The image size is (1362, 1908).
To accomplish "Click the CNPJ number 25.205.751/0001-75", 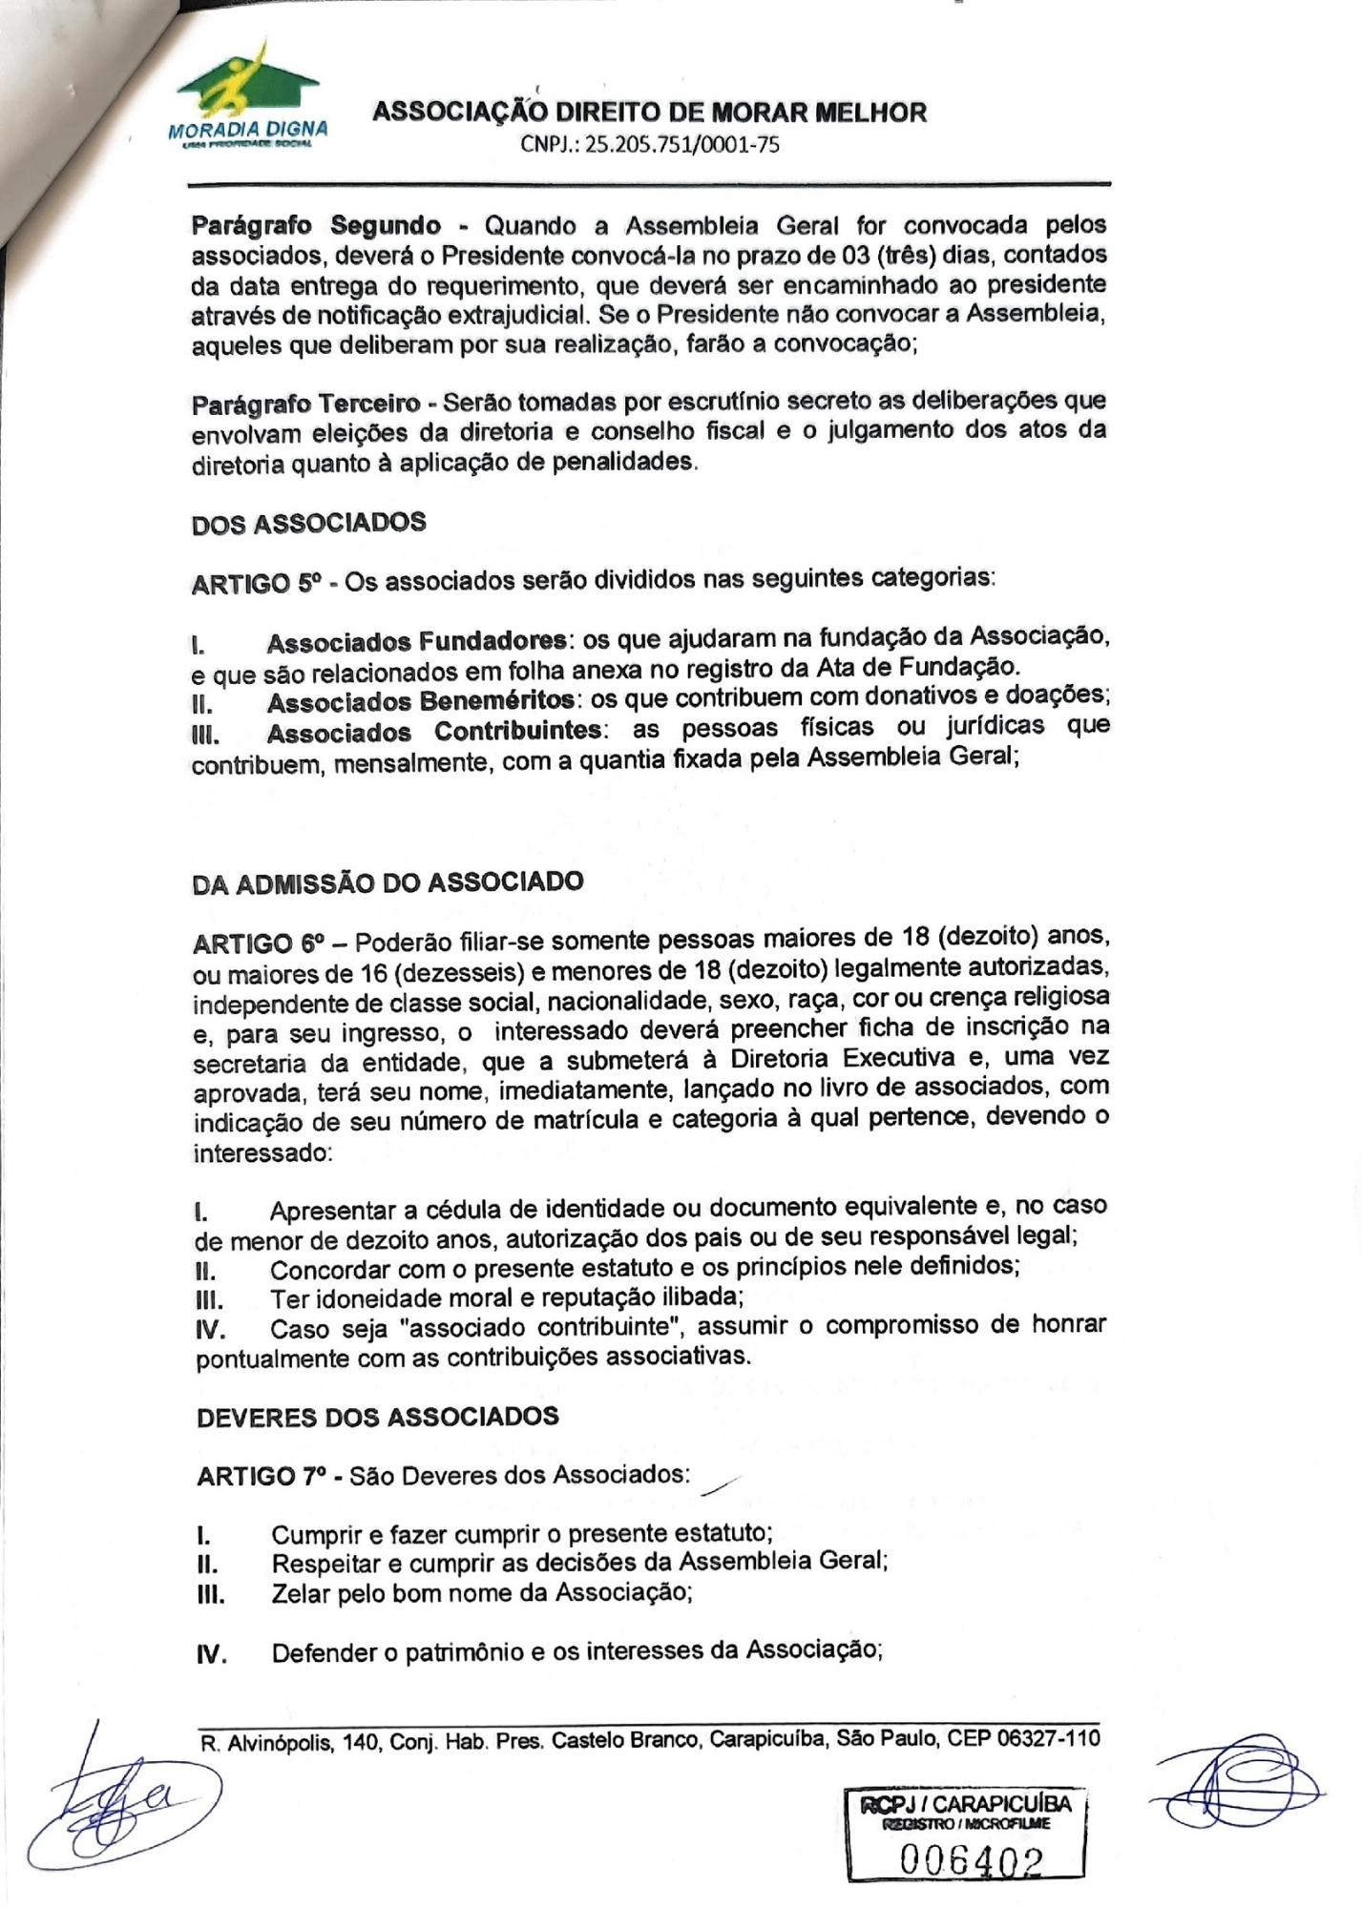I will pyautogui.click(x=649, y=145).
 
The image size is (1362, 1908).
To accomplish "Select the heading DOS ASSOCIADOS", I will pyautogui.click(x=308, y=524).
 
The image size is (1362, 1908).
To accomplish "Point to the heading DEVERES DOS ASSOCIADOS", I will pyautogui.click(x=377, y=1417).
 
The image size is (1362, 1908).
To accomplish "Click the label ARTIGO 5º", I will pyautogui.click(x=253, y=583).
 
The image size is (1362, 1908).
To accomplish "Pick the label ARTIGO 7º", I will pyautogui.click(x=258, y=1477).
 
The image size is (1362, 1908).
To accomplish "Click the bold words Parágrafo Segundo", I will pyautogui.click(x=316, y=227).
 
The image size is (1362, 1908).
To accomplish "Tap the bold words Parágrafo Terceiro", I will pyautogui.click(x=305, y=404).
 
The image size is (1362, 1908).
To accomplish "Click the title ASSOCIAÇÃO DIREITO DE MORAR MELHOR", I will pyautogui.click(x=649, y=113).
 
